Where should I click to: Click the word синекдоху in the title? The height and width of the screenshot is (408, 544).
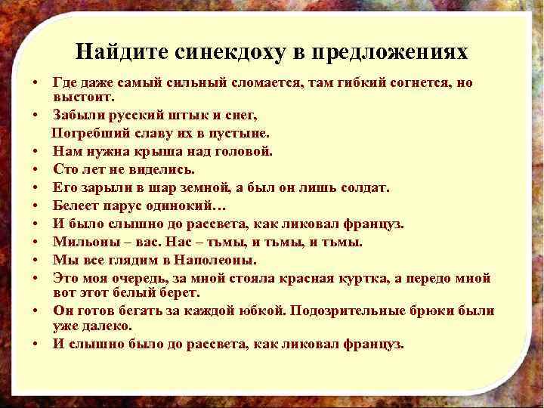click(226, 52)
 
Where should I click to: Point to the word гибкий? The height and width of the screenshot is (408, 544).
click(348, 82)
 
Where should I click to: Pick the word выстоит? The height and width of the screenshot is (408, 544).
click(83, 97)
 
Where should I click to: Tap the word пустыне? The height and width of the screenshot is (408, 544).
click(236, 133)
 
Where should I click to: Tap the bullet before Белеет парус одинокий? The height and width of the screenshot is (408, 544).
click(36, 205)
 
